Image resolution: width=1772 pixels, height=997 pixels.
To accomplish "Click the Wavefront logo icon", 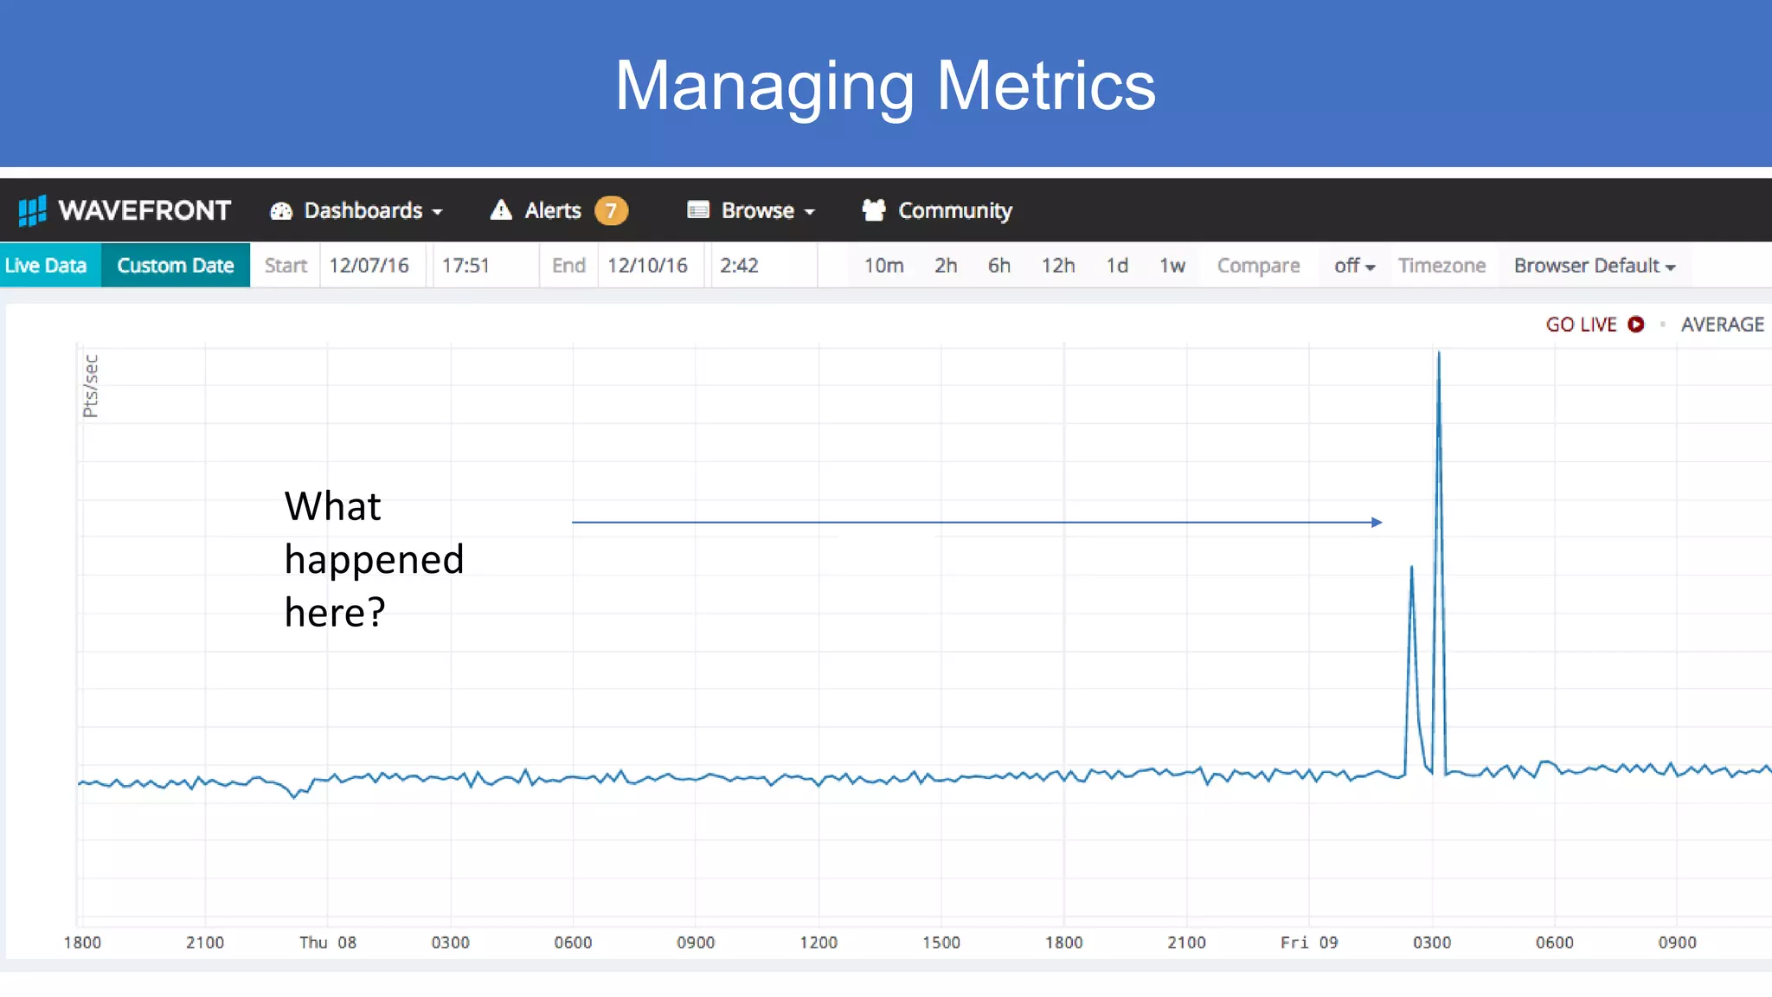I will coord(32,210).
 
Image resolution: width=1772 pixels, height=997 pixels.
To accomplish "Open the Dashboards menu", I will coord(356,210).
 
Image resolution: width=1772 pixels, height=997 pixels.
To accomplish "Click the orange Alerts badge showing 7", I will coord(611,210).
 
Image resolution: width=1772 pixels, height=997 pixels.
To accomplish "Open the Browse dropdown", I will coord(751,210).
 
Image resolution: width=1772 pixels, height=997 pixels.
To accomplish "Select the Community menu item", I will coord(937,210).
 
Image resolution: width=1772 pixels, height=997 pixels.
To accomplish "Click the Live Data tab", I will coord(46,265).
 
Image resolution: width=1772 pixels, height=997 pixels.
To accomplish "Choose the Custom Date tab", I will coord(175,265).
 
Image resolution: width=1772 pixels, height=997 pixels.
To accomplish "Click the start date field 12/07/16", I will coord(369,265).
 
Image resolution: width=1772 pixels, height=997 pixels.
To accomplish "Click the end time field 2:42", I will coord(740,265).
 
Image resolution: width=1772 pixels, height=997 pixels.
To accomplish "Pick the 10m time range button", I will coord(883,265).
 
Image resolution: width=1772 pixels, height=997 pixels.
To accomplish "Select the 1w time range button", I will coord(1172,265).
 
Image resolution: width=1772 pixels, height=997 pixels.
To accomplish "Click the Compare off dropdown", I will coord(1354,265).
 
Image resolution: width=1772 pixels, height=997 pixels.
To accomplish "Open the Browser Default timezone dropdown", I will coord(1595,265).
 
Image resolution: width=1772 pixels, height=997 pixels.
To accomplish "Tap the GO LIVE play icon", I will coord(1635,324).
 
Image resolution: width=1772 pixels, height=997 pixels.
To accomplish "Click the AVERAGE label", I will coord(1722,324).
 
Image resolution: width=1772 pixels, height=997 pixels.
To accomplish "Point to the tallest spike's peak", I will coord(1439,353).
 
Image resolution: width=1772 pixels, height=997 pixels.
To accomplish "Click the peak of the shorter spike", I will coord(1411,568).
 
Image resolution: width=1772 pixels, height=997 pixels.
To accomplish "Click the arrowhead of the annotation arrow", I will coord(1377,522).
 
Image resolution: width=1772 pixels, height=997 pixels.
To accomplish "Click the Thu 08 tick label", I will coord(328,942).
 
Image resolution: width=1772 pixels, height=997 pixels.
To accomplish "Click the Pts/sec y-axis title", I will coord(91,386).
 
